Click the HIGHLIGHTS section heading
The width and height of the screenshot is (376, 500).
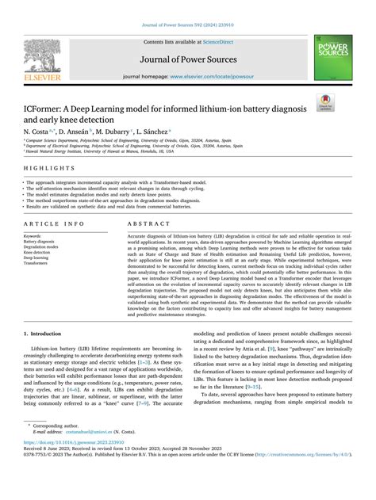tap(44, 170)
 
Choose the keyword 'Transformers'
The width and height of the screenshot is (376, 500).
tap(37, 263)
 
